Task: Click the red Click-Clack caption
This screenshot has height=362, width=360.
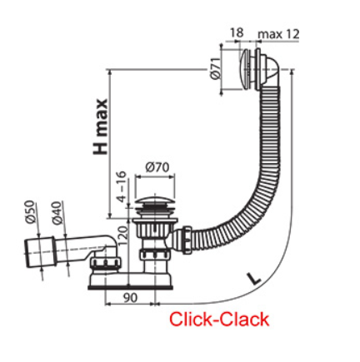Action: pos(219,320)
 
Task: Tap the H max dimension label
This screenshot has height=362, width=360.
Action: pos(100,126)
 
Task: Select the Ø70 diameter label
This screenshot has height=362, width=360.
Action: pos(157,167)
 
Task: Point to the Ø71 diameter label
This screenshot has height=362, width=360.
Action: pos(215,69)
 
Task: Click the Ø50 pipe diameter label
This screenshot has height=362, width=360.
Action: pos(31,211)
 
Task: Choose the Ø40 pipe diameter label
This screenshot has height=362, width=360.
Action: pos(56,213)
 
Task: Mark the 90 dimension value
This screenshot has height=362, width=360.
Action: pos(130,298)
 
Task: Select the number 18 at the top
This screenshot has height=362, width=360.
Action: pos(237,32)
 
